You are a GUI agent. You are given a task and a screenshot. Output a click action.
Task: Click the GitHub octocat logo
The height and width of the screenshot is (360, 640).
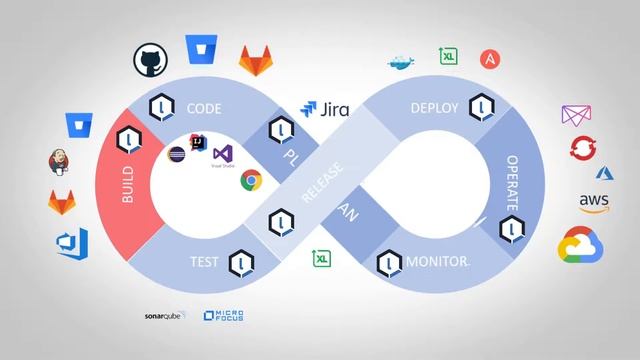click(150, 59)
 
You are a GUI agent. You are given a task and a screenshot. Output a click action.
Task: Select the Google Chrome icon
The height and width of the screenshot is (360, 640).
click(251, 180)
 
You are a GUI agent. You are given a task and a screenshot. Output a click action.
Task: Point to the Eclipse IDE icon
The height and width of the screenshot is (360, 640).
click(176, 155)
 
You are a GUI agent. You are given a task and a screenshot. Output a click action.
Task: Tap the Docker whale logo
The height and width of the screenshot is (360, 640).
click(400, 61)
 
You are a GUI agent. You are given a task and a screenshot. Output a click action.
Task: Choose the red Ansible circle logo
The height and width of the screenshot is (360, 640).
click(490, 59)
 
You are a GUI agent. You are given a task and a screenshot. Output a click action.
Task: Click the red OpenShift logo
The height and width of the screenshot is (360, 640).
click(583, 149)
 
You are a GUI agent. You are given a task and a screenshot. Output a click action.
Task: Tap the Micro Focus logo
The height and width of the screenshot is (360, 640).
click(223, 316)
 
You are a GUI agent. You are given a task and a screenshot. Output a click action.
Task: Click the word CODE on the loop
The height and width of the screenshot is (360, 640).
click(204, 109)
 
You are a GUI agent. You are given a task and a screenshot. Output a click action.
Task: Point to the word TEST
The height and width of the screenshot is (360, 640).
click(204, 263)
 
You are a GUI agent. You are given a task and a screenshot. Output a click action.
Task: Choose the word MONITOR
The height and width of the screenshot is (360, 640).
click(438, 263)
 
